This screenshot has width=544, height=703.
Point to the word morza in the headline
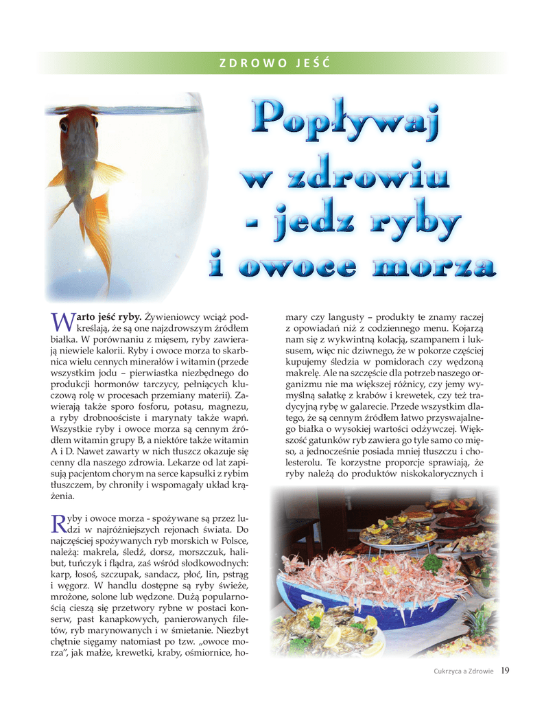coord(440,267)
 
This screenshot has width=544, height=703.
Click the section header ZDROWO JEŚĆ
coord(274,64)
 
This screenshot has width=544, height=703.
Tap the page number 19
coord(505,671)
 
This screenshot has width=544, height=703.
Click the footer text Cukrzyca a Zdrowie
coord(463,671)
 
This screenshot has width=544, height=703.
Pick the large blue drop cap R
coord(58,524)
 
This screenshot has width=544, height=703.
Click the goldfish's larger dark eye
coord(64,126)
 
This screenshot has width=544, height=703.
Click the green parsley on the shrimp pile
coord(431,562)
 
